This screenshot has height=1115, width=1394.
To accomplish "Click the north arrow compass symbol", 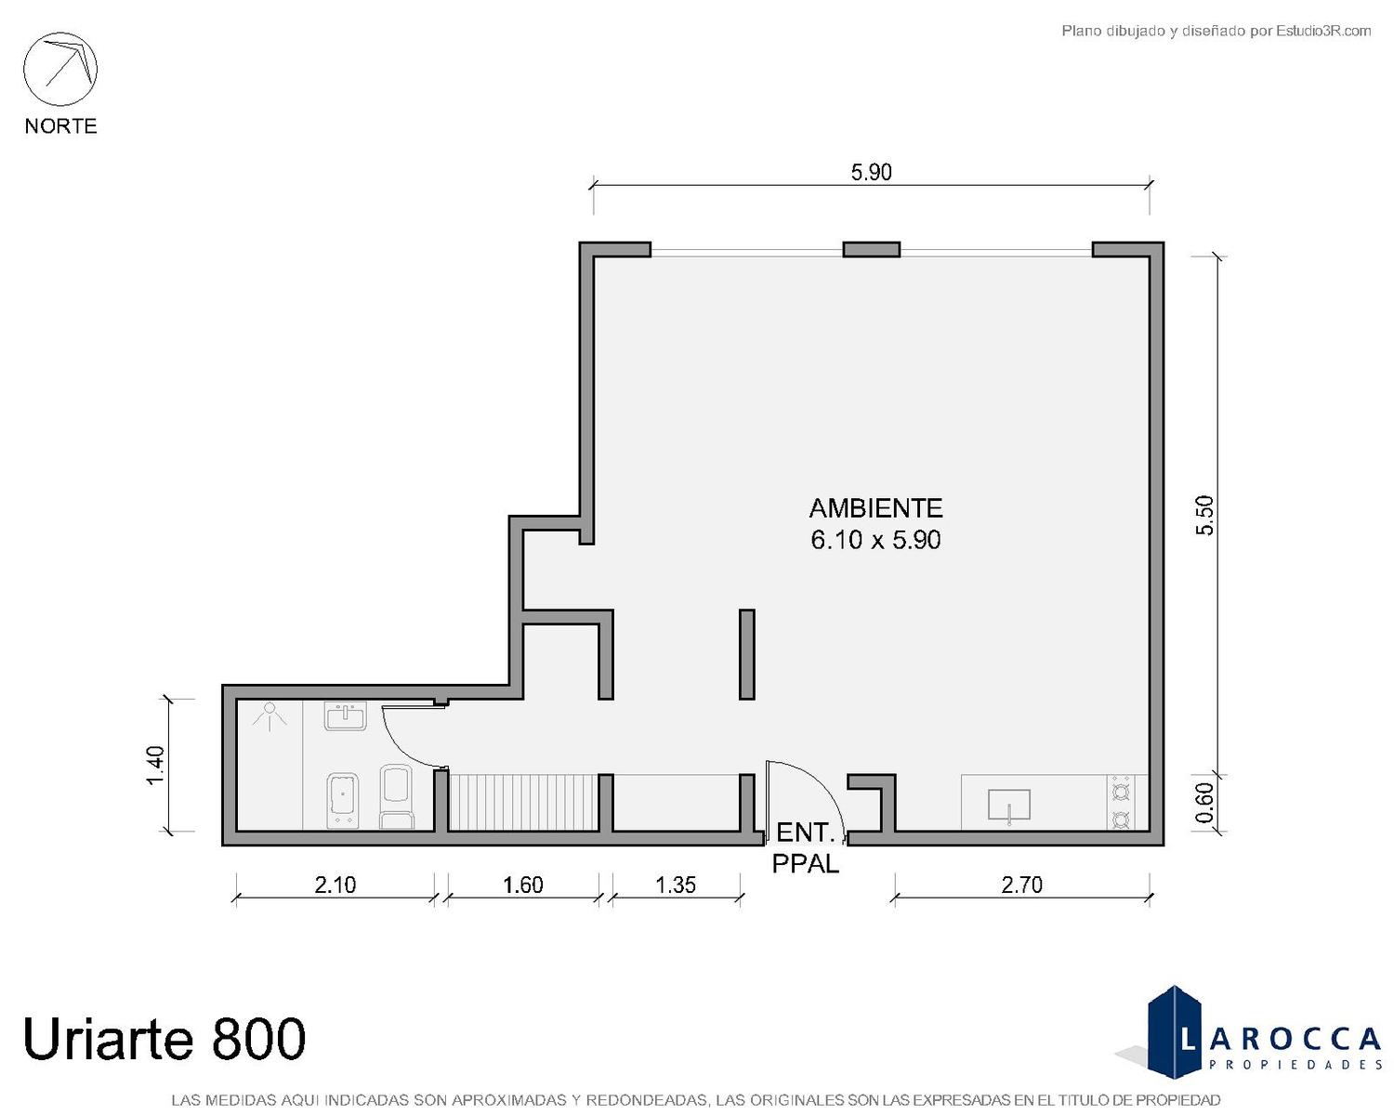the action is pos(60,69).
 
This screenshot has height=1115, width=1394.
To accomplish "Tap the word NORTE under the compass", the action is pos(61,125).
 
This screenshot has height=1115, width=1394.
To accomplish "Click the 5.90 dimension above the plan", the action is pos(872,172).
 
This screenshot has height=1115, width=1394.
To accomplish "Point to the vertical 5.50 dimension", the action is pos(1204,515).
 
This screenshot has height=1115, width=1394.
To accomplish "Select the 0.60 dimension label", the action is pos(1204,803).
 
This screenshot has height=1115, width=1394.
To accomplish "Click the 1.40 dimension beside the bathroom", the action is pos(155,765).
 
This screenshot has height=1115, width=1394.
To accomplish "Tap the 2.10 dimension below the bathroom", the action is pos(335,885).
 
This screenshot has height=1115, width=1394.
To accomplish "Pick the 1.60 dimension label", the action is pos(522,885).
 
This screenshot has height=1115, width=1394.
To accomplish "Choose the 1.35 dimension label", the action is pos(676,885).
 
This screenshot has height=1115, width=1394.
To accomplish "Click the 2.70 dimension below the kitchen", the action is pos(1021,885).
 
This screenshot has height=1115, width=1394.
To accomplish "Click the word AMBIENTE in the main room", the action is pos(875,508).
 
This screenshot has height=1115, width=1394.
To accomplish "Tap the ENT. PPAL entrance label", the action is pos(805,848).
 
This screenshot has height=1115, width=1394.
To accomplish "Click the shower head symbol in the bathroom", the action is pos(269,715).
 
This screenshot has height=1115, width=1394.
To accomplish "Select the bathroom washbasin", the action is pos(346,715).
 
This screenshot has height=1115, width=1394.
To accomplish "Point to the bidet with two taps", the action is pos(343,800).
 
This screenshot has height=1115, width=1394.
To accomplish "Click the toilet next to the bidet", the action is pos(397,797).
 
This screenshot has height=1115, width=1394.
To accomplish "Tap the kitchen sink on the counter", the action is pos(1009,806).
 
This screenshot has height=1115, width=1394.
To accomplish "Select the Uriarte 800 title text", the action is pos(164,1038).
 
